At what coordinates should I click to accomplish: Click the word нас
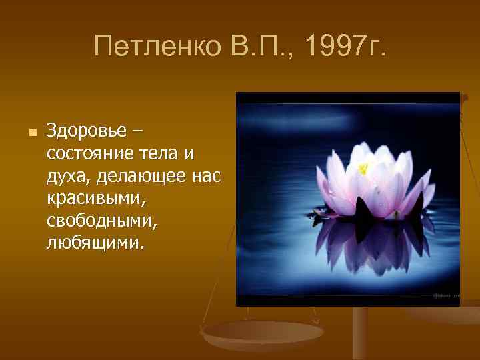[x=207, y=175]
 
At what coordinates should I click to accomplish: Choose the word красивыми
[x=92, y=198]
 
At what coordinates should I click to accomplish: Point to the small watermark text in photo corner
[x=443, y=294]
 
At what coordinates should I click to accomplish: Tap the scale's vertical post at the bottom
[x=361, y=333]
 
